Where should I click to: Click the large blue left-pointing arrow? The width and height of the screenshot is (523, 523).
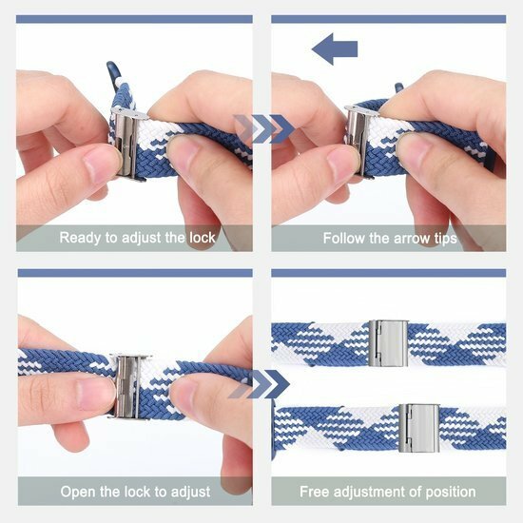click(x=335, y=48)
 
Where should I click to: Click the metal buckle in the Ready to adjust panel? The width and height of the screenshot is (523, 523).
click(x=127, y=143)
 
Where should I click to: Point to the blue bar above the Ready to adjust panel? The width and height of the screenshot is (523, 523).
click(x=134, y=19)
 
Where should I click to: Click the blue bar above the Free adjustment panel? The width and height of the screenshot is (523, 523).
click(x=388, y=274)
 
